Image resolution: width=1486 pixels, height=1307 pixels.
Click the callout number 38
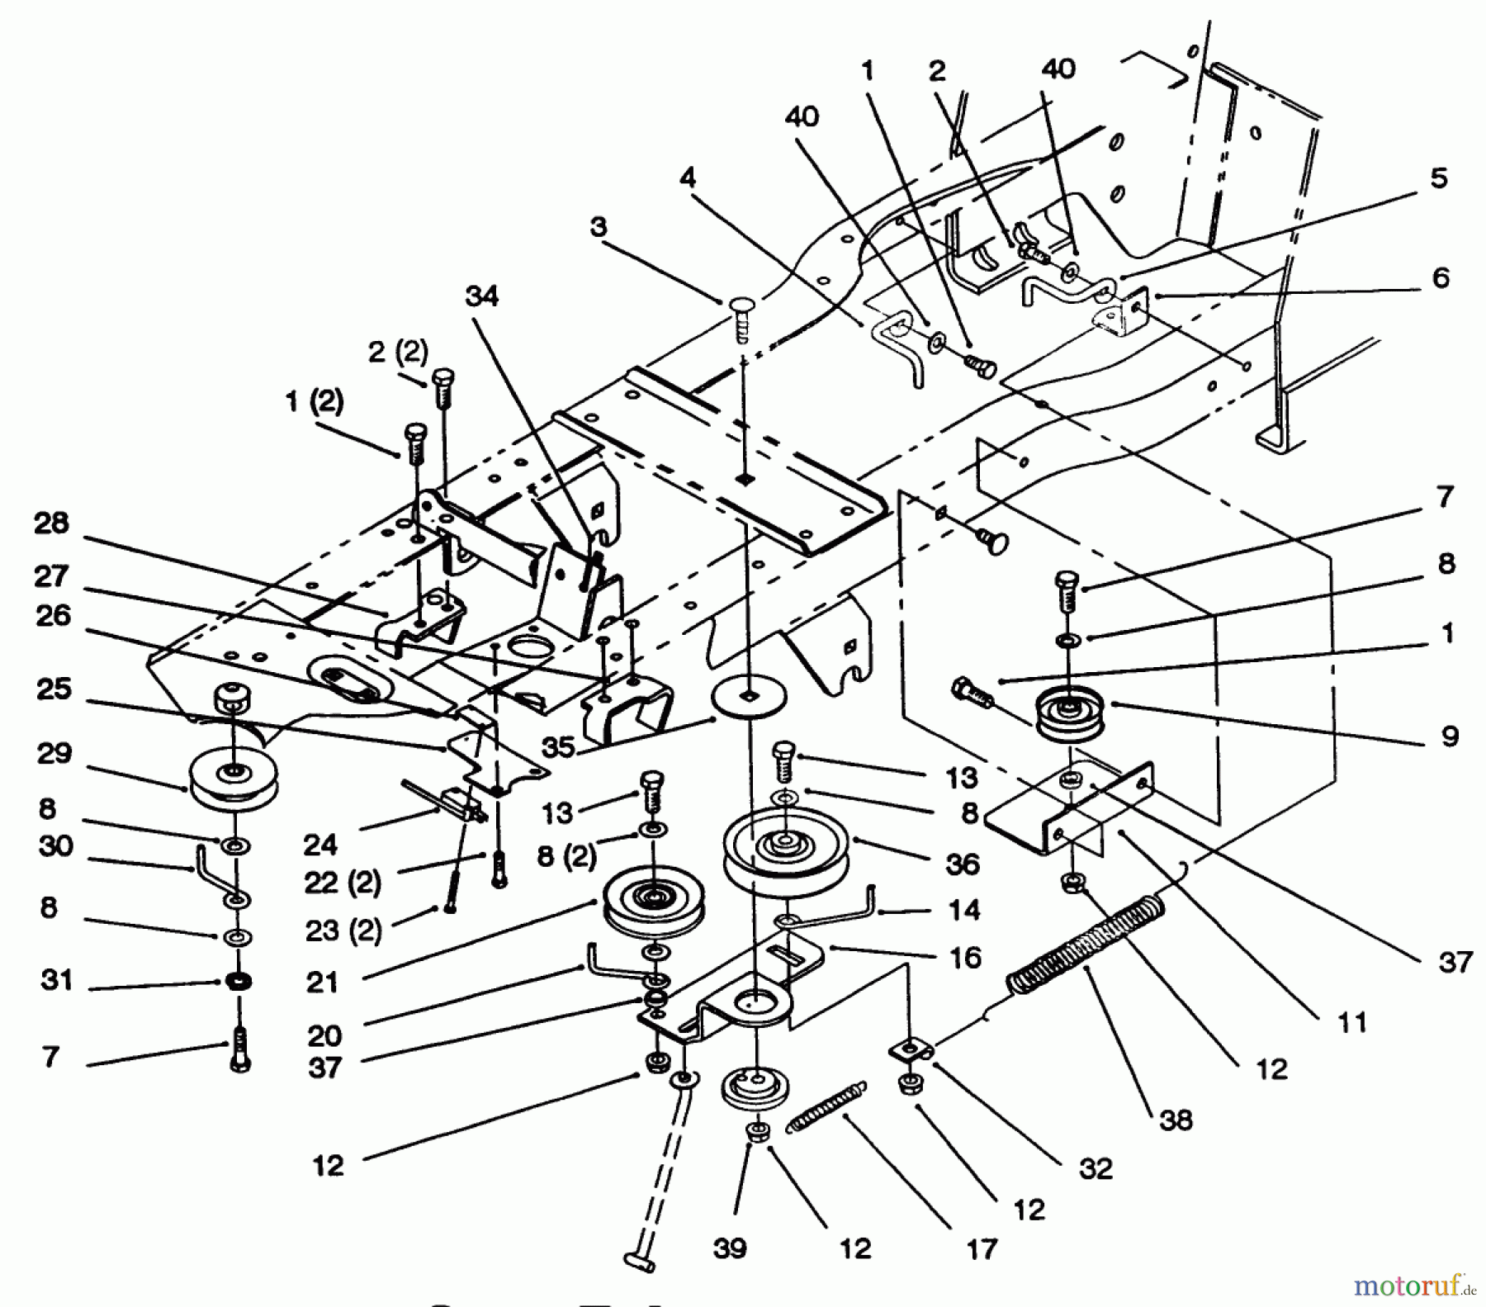pyautogui.click(x=1176, y=1120)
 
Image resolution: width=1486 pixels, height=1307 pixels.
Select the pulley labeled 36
pyautogui.click(x=785, y=850)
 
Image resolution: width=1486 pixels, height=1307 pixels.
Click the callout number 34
pyautogui.click(x=482, y=296)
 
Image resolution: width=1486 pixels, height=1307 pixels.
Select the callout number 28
pyautogui.click(x=51, y=523)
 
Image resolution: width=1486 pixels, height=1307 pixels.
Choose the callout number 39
pyautogui.click(x=731, y=1248)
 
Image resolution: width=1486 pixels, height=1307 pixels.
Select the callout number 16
pyautogui.click(x=964, y=958)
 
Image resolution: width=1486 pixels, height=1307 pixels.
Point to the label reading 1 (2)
pyautogui.click(x=314, y=402)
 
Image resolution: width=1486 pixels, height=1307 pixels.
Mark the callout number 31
pyautogui.click(x=56, y=980)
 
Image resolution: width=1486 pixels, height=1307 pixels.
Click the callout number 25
pyautogui.click(x=54, y=689)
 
